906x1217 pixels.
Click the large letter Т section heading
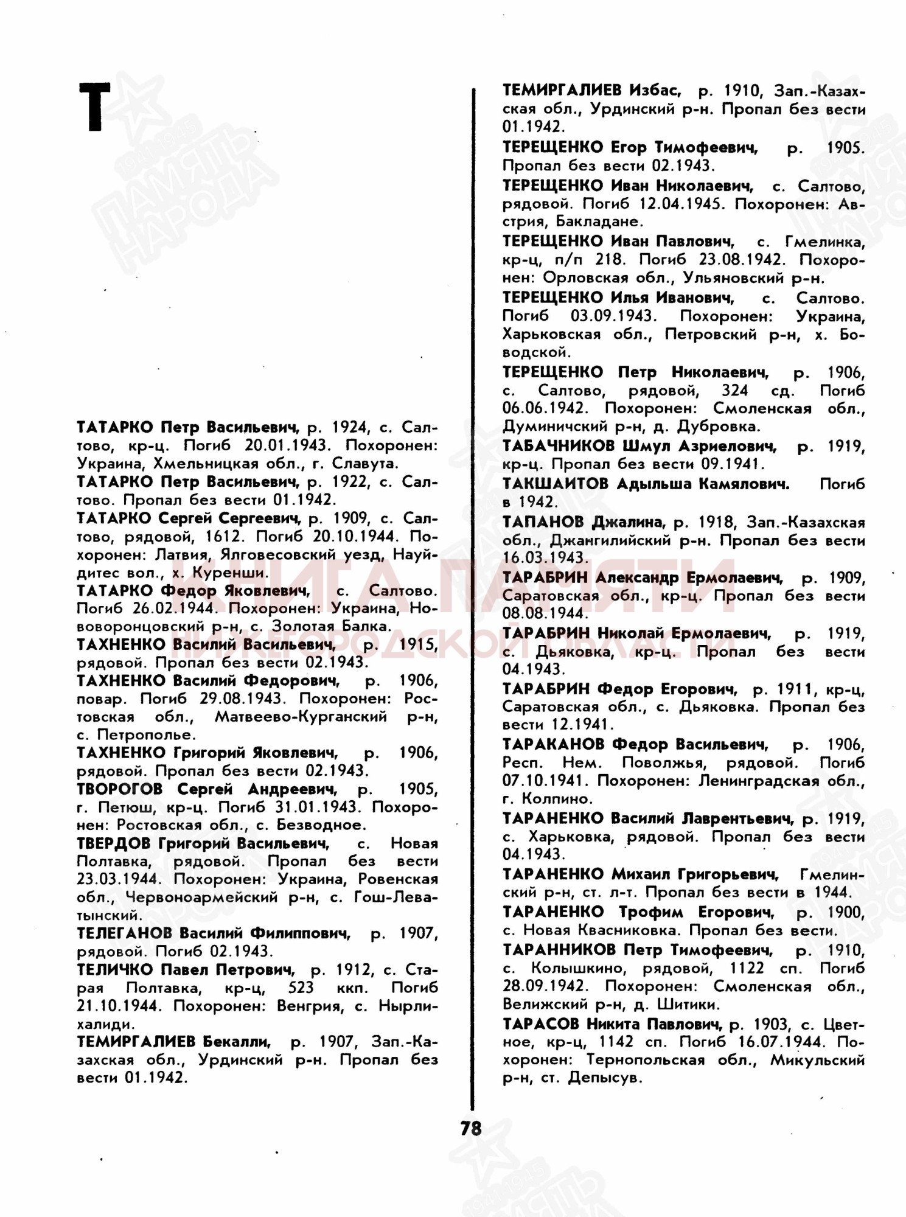[x=95, y=108]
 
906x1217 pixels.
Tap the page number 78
[x=470, y=1128]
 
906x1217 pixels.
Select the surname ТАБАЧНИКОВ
[x=558, y=446]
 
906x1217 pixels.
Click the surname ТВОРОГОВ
[x=119, y=789]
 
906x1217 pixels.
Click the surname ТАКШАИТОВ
[x=555, y=484]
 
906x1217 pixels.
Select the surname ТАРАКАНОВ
[x=553, y=744]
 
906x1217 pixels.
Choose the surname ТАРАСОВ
[x=540, y=1024]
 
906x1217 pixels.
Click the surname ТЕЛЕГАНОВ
[x=124, y=933]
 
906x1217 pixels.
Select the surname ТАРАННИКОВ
[x=559, y=950]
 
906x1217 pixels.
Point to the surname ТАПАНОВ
[x=543, y=522]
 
